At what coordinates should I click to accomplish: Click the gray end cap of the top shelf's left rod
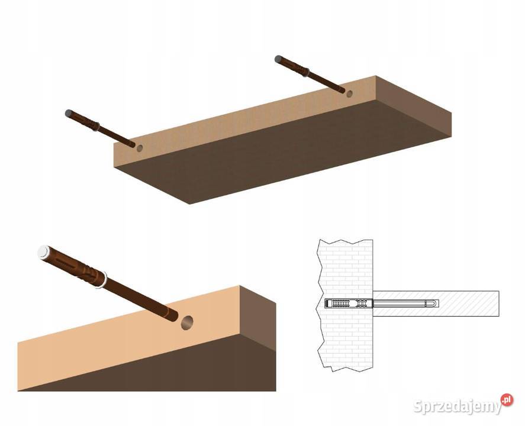[x=69, y=113]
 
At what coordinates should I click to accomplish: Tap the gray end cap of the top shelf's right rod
[x=278, y=59]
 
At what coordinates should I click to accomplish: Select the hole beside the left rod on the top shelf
[x=140, y=148]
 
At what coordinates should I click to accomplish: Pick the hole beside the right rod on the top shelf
[x=349, y=94]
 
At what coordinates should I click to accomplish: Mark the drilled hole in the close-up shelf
[x=187, y=322]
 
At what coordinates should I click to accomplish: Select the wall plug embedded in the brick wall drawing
[x=349, y=304]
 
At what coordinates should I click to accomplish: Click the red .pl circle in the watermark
[x=507, y=399]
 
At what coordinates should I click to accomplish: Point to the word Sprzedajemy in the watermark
[x=458, y=406]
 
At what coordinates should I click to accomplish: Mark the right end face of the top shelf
[x=414, y=106]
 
